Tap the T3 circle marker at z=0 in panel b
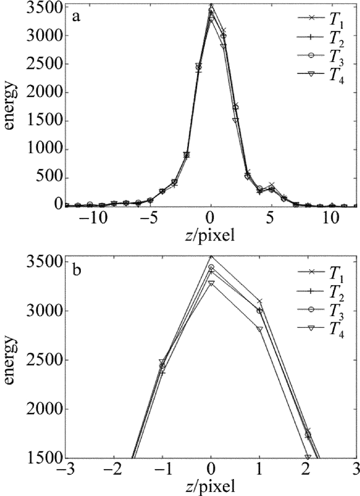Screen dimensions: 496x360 [211, 267]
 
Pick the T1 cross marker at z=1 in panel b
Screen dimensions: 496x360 [260, 301]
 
